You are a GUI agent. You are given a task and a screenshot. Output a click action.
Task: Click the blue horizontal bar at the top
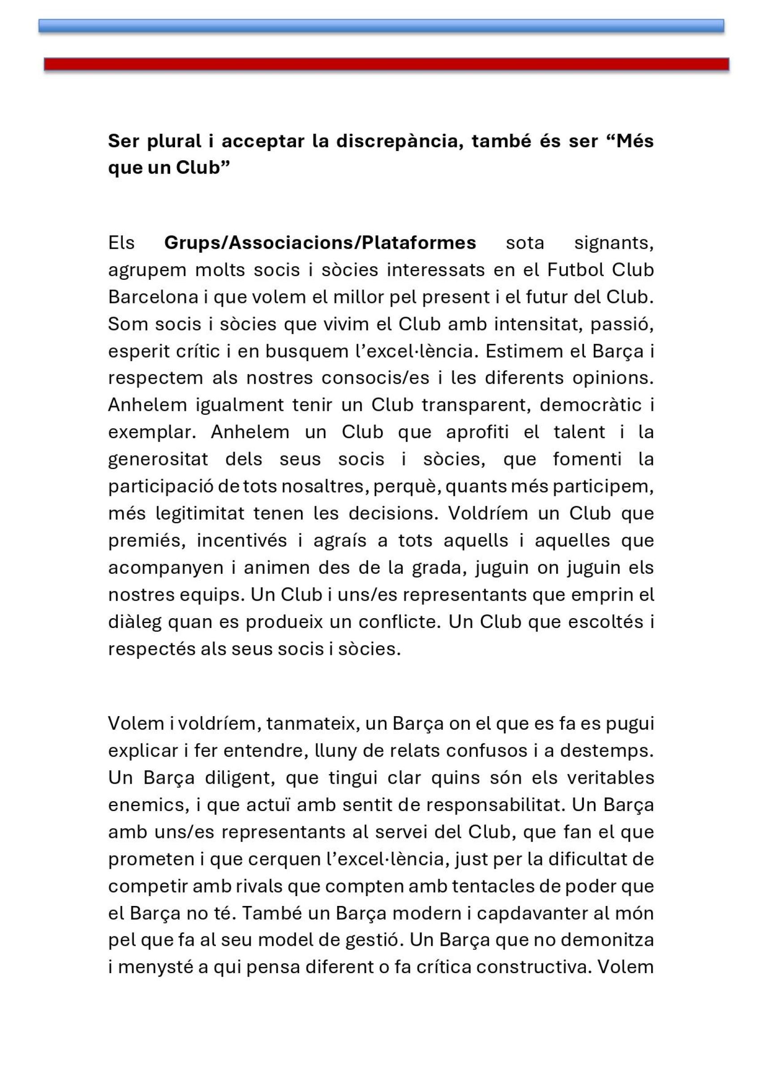click(x=381, y=26)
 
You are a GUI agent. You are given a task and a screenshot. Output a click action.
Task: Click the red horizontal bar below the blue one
click(x=386, y=64)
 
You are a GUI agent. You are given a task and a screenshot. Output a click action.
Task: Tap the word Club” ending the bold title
click(x=203, y=167)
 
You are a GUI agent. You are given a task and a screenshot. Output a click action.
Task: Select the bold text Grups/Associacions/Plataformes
click(x=320, y=243)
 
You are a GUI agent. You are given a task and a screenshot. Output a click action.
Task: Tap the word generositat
click(x=158, y=459)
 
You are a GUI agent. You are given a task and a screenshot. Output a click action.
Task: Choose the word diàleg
click(x=134, y=621)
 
